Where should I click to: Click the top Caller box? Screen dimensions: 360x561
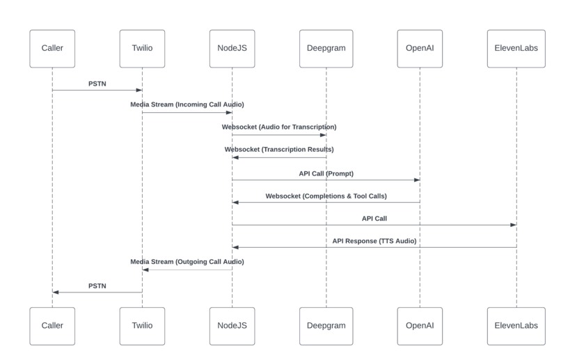[52, 48]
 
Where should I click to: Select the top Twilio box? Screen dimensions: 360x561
[142, 48]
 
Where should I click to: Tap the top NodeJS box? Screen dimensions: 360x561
[232, 48]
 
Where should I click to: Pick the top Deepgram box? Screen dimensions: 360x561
[326, 48]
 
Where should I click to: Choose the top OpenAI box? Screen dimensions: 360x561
[420, 48]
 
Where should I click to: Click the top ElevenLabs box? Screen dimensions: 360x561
[516, 48]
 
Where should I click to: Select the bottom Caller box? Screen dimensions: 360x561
[52, 325]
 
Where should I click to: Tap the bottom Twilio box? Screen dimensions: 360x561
[142, 325]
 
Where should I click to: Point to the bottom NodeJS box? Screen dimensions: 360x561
[232, 325]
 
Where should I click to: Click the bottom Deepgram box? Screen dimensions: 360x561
[326, 325]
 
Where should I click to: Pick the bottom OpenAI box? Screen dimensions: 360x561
[420, 325]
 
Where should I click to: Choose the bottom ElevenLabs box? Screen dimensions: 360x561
[516, 325]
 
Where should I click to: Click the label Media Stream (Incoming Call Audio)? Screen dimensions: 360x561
[187, 104]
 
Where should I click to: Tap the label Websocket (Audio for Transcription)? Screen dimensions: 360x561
[279, 127]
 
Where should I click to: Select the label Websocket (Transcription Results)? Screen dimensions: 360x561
[279, 149]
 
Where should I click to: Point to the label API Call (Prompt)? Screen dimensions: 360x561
[326, 172]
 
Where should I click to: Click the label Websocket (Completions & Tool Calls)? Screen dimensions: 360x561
[326, 196]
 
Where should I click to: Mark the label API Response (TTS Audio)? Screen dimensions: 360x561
[374, 240]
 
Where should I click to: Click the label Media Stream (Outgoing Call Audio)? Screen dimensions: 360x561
[187, 262]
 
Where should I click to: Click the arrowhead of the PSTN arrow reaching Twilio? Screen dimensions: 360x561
[139, 90]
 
